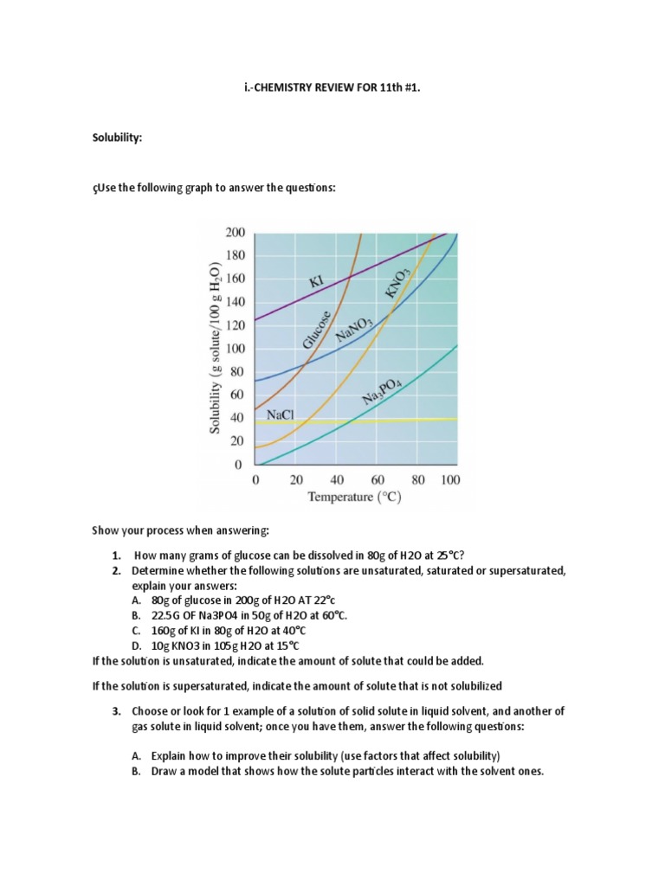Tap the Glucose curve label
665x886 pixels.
tap(316, 331)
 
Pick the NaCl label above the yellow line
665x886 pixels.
tap(281, 415)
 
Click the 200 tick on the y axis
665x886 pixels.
tap(235, 233)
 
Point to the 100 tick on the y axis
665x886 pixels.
tap(235, 349)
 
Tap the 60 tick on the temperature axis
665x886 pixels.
tap(378, 479)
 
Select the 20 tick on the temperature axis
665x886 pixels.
tap(296, 479)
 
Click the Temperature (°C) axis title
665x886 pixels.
tap(354, 498)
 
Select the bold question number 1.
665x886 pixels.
tap(118, 555)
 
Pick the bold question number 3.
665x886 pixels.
tap(118, 710)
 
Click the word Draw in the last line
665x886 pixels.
tap(165, 771)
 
